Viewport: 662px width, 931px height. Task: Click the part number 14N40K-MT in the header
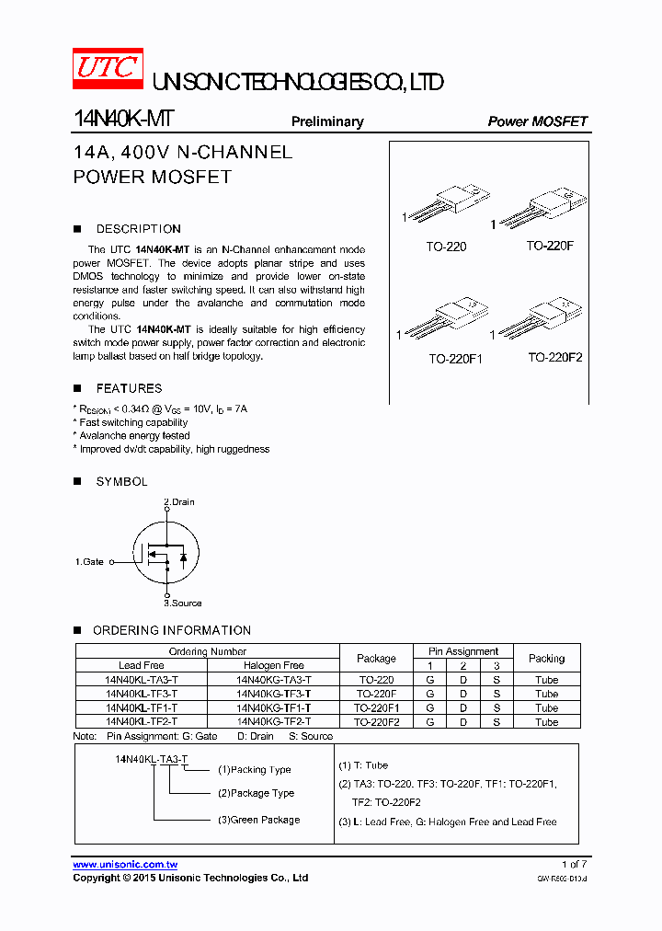123,121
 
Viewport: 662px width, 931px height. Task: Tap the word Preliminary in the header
327,121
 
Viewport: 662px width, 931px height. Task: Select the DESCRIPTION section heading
138,229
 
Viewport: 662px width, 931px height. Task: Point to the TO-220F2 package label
554,358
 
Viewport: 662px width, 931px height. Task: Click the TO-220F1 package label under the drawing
455,360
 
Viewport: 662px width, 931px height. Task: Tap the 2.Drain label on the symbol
179,502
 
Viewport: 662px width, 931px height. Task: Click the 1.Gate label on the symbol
90,561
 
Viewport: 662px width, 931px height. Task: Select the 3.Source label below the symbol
183,603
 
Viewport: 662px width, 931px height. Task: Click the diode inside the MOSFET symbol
183,557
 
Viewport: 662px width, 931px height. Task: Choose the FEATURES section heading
129,389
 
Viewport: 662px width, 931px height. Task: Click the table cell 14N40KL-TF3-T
142,694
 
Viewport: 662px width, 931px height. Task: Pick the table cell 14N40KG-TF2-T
273,722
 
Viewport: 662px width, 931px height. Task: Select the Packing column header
546,658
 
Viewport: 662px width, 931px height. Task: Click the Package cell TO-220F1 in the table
376,708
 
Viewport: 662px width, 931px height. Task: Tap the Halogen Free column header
273,665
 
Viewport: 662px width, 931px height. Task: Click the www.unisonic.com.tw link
125,865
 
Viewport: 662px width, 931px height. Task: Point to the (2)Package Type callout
256,793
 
